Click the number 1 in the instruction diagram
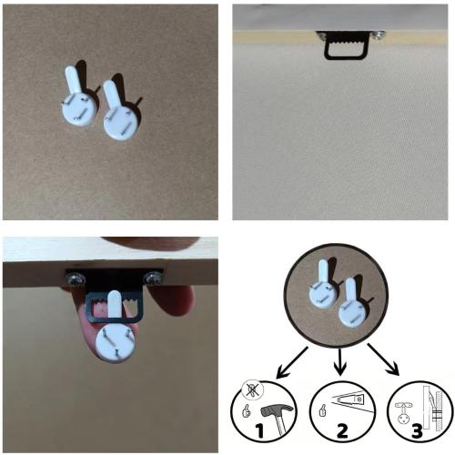click(259, 430)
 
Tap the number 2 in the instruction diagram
click(342, 430)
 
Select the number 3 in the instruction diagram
click(417, 430)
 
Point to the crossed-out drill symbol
click(253, 389)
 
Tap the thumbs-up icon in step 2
click(324, 410)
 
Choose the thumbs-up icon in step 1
click(247, 410)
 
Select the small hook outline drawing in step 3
click(403, 413)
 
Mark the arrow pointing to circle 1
click(292, 362)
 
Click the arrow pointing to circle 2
click(340, 361)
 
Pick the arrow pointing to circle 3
click(383, 359)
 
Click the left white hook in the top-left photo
click(76, 100)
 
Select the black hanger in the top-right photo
click(347, 45)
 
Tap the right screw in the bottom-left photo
click(153, 278)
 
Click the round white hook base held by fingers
click(116, 344)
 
